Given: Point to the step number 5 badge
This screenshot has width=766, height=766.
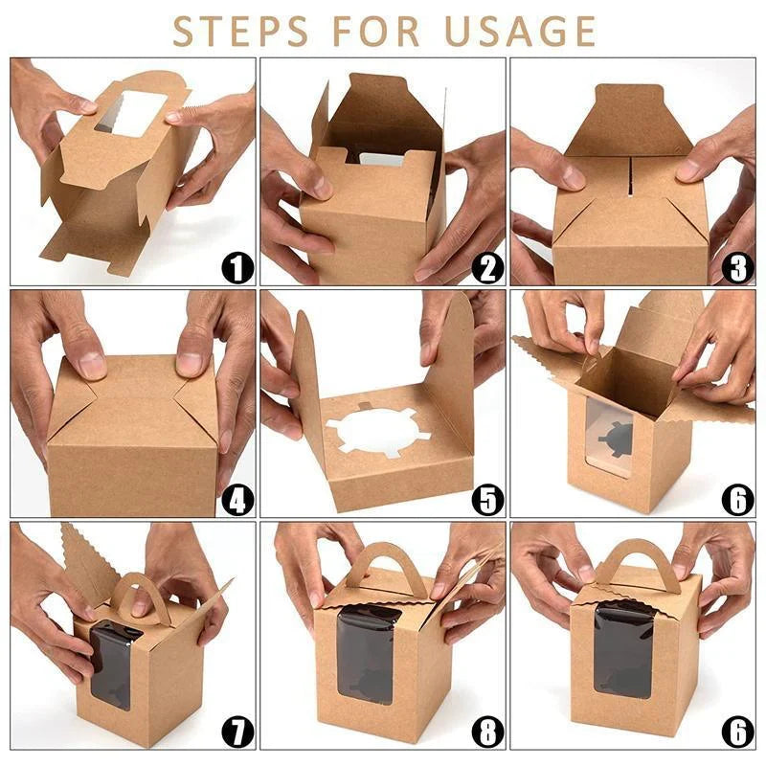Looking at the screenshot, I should click(487, 500).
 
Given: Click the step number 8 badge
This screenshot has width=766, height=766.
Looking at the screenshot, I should click(487, 732).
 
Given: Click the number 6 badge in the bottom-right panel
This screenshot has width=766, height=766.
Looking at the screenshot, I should click(737, 732).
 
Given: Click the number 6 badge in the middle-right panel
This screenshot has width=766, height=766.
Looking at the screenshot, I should click(737, 500).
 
